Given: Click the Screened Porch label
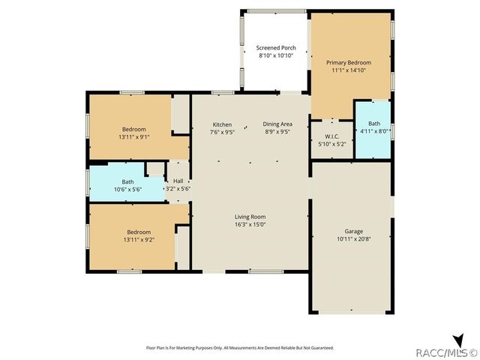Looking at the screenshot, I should tap(276, 48).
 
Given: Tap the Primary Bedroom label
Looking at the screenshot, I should tap(350, 62).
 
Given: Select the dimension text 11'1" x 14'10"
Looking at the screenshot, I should tap(350, 70).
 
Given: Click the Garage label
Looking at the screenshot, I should tap(354, 231).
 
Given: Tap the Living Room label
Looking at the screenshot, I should tap(250, 217).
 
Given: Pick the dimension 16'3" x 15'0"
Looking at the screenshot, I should tap(250, 224).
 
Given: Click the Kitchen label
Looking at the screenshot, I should tap(222, 124).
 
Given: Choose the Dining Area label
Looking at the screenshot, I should tap(277, 124).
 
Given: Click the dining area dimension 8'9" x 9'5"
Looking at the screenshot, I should tap(277, 132).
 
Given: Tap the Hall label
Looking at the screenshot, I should tap(178, 181).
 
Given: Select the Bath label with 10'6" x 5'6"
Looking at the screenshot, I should tap(128, 181).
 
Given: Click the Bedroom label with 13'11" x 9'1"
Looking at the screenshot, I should tap(133, 129).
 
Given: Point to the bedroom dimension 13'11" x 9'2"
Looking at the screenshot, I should tap(139, 239).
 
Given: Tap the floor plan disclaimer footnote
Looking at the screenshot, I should tap(239, 348).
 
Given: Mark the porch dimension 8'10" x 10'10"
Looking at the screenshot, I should tap(276, 55).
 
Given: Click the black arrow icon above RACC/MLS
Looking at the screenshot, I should tap(458, 340).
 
